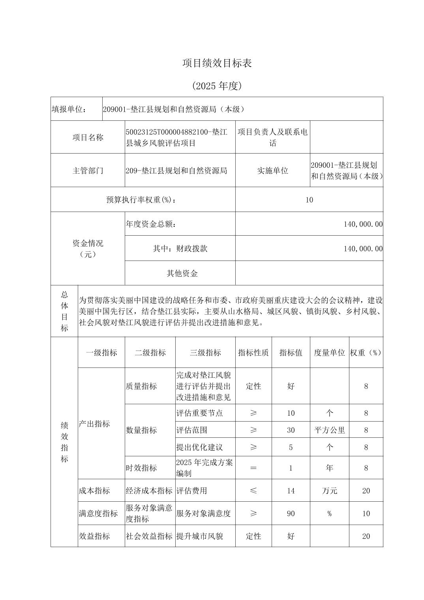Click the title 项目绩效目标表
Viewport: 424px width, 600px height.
click(x=217, y=63)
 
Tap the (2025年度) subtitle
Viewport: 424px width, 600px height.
click(x=217, y=86)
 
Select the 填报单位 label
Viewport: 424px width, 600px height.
click(x=69, y=109)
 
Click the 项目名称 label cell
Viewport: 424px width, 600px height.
click(x=88, y=137)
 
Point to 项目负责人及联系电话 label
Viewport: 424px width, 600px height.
click(x=272, y=137)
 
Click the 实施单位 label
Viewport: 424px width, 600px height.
click(x=272, y=171)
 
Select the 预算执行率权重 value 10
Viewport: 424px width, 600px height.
click(x=309, y=200)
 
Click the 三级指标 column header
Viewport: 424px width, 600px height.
click(x=205, y=352)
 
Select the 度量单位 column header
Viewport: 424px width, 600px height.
click(x=329, y=352)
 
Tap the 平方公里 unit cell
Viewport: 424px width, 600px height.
click(x=329, y=430)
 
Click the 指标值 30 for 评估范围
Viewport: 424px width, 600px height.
click(x=291, y=430)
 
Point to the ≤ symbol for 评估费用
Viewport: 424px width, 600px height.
click(x=253, y=491)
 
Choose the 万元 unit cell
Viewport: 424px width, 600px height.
click(x=329, y=491)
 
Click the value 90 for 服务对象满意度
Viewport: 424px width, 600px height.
click(x=291, y=514)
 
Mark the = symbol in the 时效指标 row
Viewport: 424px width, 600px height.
click(x=253, y=468)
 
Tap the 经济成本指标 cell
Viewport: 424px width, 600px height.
click(x=149, y=491)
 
